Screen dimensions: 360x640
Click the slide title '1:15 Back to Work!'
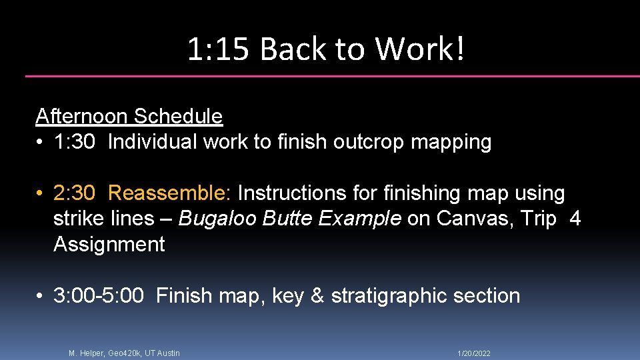325,49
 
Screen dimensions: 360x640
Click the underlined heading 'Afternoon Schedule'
129,116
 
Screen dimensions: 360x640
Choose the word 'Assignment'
109,245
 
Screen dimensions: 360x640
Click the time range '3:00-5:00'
99,296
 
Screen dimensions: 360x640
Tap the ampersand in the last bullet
317,296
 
